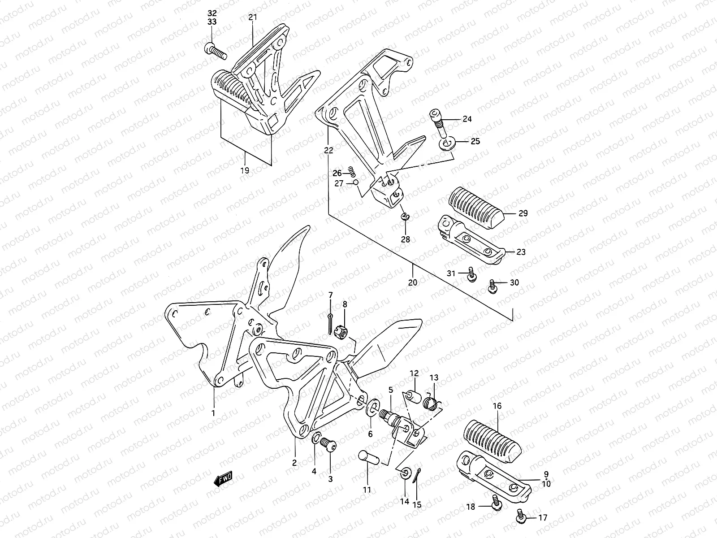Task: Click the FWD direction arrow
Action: [x=223, y=480]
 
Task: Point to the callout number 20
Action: [x=413, y=282]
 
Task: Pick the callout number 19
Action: [x=245, y=170]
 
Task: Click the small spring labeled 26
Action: [x=352, y=171]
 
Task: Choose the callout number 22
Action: [x=328, y=151]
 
